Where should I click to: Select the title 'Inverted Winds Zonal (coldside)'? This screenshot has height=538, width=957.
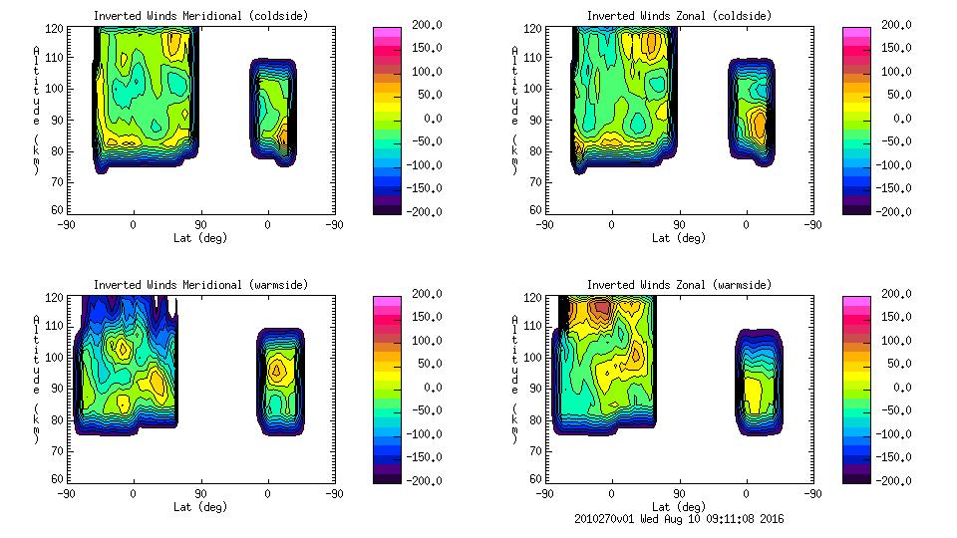679,16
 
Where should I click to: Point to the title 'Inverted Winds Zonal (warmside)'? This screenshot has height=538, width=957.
679,285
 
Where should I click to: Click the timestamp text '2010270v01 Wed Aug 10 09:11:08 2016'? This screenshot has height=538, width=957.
679,518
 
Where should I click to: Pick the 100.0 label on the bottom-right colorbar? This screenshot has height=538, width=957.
894,341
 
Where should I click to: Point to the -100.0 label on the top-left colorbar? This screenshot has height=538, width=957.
421,165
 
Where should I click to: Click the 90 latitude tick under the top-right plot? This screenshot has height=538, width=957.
679,225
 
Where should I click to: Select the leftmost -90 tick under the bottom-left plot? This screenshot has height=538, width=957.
67,493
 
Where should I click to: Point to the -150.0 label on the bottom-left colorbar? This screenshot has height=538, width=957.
421,457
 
